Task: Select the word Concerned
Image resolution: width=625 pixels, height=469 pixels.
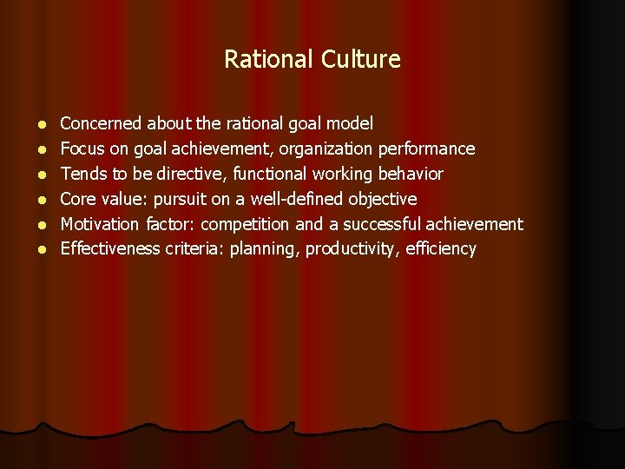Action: tap(102, 124)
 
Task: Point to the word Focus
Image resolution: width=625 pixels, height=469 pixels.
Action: tap(82, 149)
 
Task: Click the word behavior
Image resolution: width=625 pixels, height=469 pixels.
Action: tap(411, 175)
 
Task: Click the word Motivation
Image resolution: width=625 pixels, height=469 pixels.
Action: tap(100, 224)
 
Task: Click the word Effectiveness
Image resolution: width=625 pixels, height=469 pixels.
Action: tap(110, 249)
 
